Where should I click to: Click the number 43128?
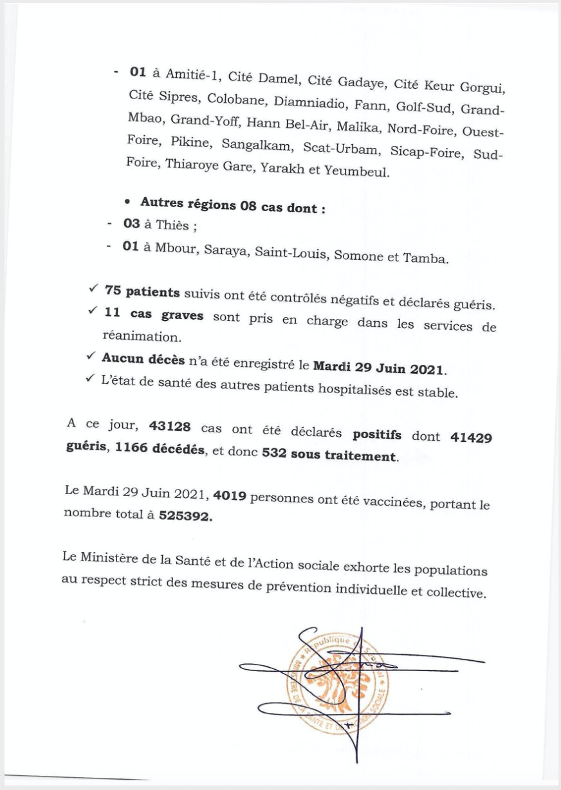click(x=170, y=427)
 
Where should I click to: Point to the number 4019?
click(x=231, y=497)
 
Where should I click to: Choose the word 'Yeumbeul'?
click(x=361, y=172)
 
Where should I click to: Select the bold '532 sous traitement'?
click(x=329, y=457)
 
